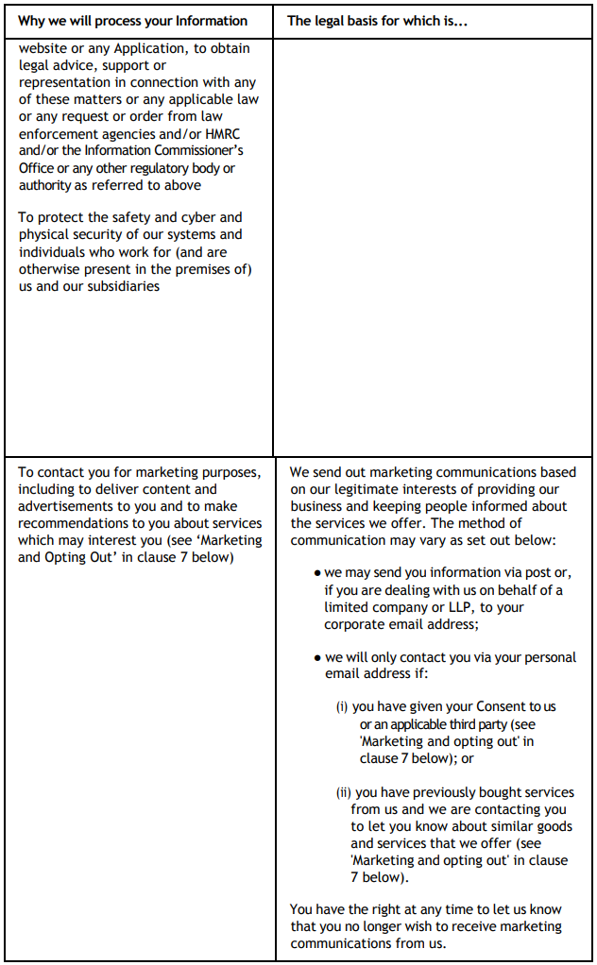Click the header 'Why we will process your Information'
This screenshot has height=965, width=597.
click(133, 20)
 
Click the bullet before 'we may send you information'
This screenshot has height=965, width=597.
click(318, 574)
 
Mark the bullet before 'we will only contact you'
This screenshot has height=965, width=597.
click(318, 658)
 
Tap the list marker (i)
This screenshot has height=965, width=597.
click(342, 707)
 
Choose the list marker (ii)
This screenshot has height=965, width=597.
click(344, 792)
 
